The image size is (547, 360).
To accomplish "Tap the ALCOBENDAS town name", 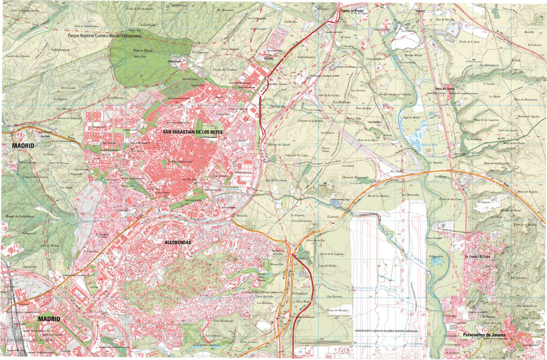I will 177,242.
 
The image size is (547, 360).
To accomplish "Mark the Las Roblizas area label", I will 341,102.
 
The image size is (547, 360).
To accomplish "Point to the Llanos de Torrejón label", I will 337,309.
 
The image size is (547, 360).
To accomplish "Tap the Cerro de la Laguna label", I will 331,254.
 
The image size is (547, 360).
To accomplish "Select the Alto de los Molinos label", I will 378,195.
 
